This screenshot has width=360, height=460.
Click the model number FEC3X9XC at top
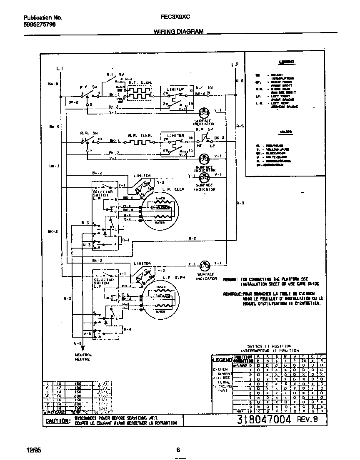175,18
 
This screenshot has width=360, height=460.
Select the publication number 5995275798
39,25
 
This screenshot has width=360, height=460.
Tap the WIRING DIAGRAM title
178,32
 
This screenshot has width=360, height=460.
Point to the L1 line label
60,68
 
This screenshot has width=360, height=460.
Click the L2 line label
235,65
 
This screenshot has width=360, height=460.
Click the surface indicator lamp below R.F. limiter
204,112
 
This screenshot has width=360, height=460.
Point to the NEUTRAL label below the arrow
82,355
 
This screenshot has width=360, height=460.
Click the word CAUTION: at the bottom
57,420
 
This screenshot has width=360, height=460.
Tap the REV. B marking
307,420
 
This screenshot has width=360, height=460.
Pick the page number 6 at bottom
178,450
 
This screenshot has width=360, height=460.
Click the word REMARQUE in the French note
232,293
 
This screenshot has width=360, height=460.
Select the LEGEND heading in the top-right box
286,62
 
